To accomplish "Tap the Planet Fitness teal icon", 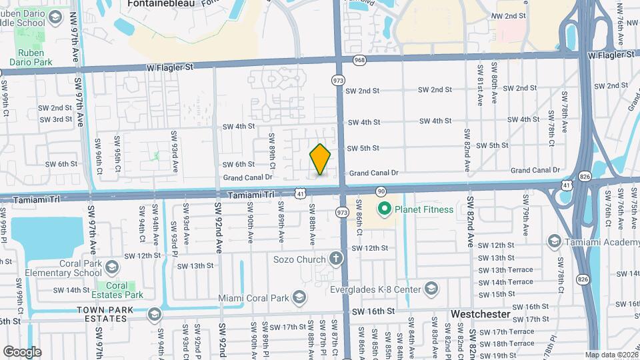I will tap(383, 210).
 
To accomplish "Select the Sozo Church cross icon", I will tap(336, 259).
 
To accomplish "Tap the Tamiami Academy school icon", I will tap(553, 241).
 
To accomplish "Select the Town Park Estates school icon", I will tap(155, 314).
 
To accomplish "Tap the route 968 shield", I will tap(360, 59).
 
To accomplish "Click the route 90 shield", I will tap(381, 191).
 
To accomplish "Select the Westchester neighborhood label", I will tap(481, 313).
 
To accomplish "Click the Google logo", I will tap(21, 351).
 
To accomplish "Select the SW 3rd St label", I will tap(55, 119).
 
